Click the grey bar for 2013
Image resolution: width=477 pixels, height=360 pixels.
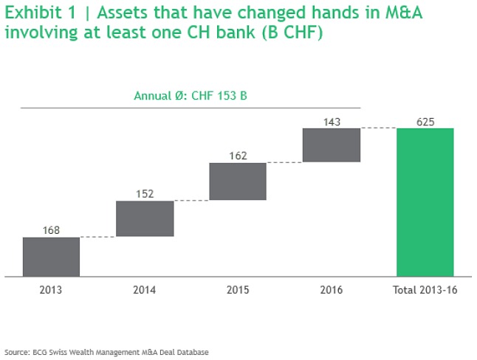51,257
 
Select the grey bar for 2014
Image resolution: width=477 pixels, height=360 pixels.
145,218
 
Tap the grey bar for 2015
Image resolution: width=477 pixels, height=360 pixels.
238,181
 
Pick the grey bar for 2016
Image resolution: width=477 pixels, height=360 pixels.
332,145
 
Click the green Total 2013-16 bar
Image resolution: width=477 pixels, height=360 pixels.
425,202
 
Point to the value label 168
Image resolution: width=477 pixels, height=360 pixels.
51,230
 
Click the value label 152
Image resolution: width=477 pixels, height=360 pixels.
145,194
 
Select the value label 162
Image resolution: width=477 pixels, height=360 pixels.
238,156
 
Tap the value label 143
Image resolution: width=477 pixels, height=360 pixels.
332,122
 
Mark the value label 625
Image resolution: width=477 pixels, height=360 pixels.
425,122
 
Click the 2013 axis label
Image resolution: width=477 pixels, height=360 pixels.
51,290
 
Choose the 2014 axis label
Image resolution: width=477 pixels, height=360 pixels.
145,290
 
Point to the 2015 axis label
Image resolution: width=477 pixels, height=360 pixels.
238,290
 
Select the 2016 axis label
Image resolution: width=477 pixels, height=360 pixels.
332,290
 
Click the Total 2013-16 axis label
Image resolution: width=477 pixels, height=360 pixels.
425,290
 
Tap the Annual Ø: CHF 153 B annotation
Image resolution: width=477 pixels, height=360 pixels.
191,96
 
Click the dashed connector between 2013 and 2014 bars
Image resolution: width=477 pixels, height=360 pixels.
97,237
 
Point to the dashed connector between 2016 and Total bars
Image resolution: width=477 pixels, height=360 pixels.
378,128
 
